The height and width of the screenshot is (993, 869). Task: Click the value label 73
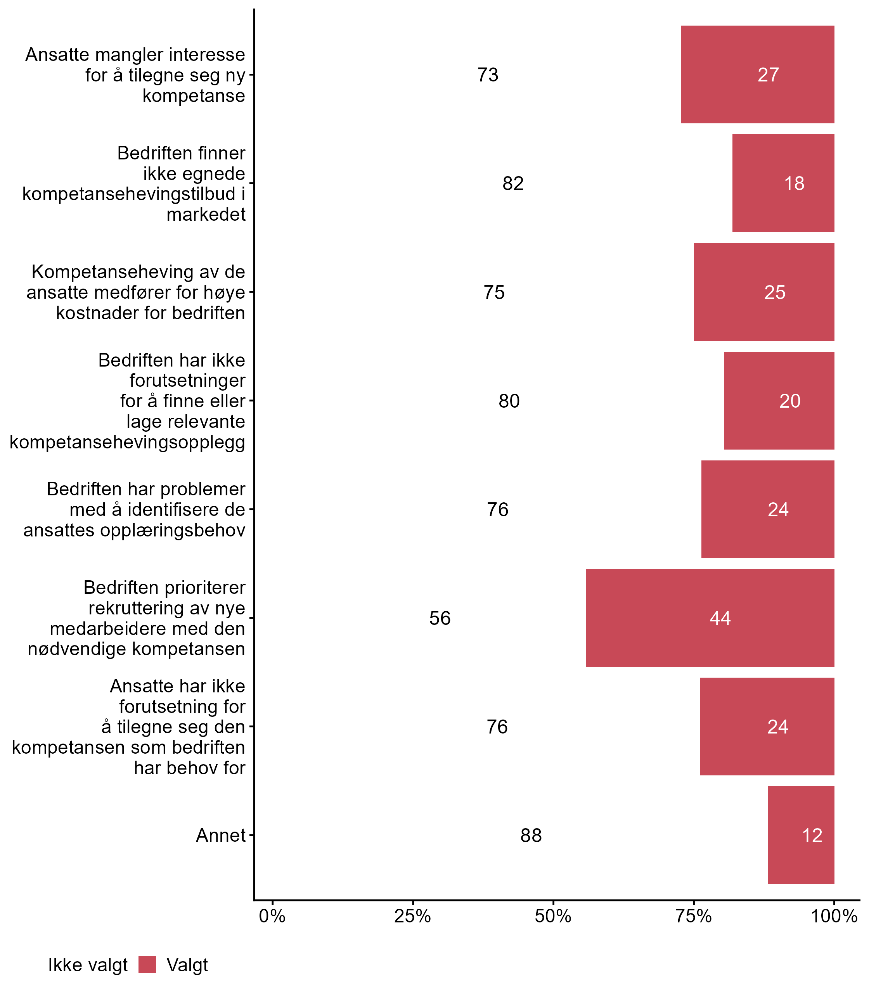[488, 74]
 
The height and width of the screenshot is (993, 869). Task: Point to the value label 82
[513, 183]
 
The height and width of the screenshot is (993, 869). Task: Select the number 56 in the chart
[440, 618]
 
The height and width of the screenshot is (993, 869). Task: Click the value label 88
[531, 836]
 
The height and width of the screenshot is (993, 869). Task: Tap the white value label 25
[775, 292]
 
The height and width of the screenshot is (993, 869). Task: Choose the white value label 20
[790, 401]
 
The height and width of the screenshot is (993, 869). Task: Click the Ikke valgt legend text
[88, 965]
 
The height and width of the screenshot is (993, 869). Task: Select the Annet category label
[221, 836]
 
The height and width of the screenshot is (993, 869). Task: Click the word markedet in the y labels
[206, 214]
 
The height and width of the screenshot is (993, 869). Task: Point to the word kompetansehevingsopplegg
[128, 442]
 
